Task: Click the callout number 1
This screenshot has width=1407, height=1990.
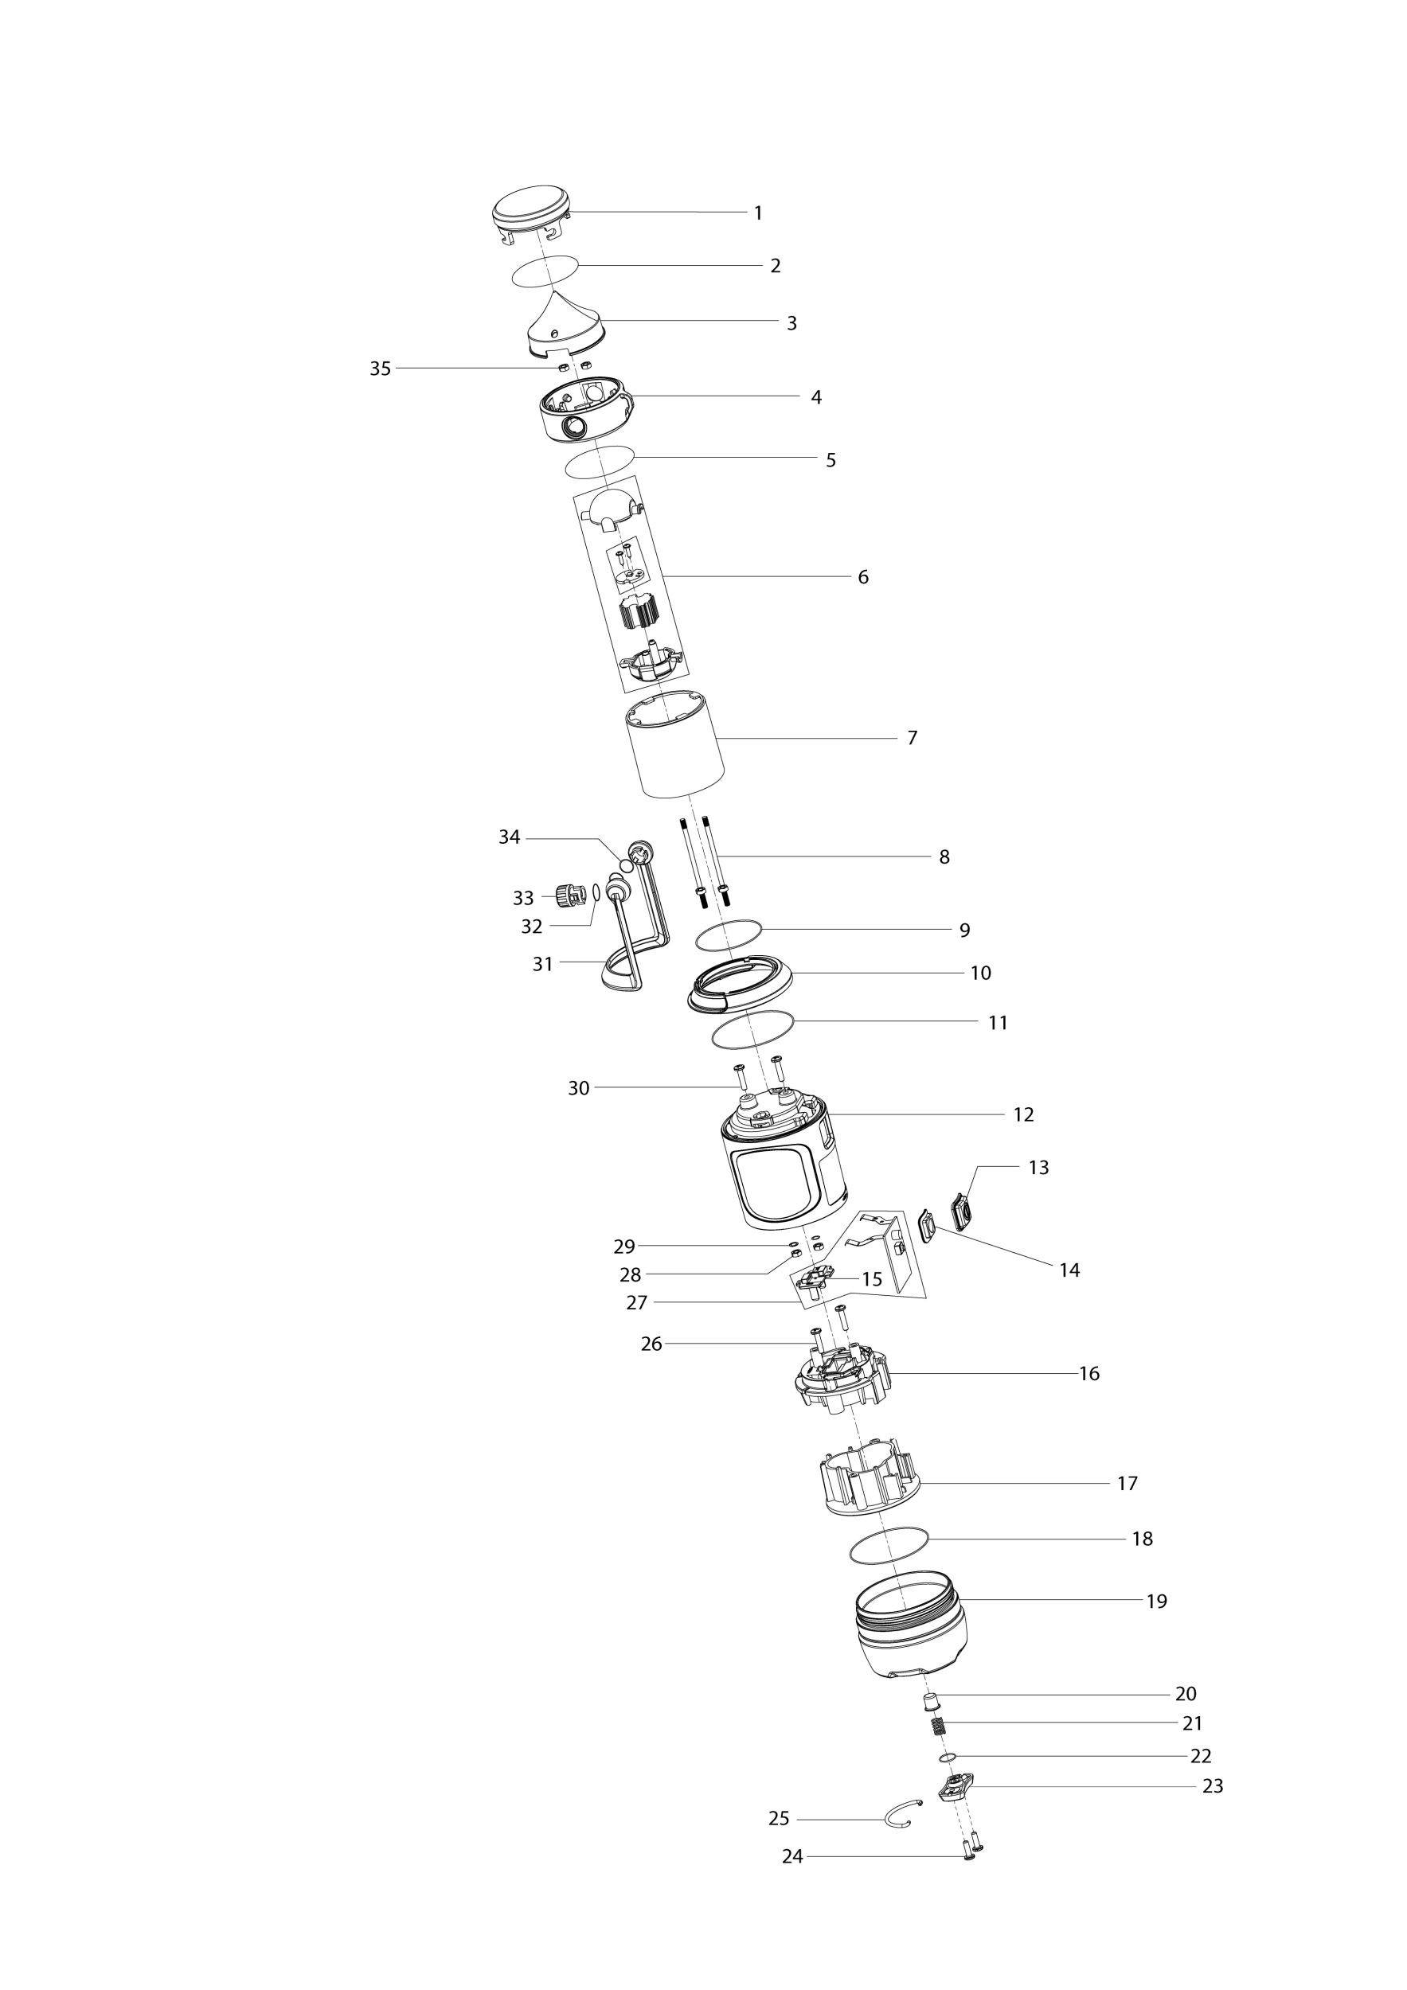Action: coord(758,213)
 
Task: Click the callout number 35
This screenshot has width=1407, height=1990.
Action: coord(381,369)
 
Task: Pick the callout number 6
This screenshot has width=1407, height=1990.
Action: coord(862,577)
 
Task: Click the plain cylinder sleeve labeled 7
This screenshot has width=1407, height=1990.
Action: coord(675,743)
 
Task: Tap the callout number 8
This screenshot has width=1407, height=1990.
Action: coord(944,857)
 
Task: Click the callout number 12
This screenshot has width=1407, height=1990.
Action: coord(1024,1114)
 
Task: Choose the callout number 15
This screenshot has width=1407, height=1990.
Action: coord(871,1279)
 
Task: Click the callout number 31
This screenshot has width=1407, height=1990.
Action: coord(543,964)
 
